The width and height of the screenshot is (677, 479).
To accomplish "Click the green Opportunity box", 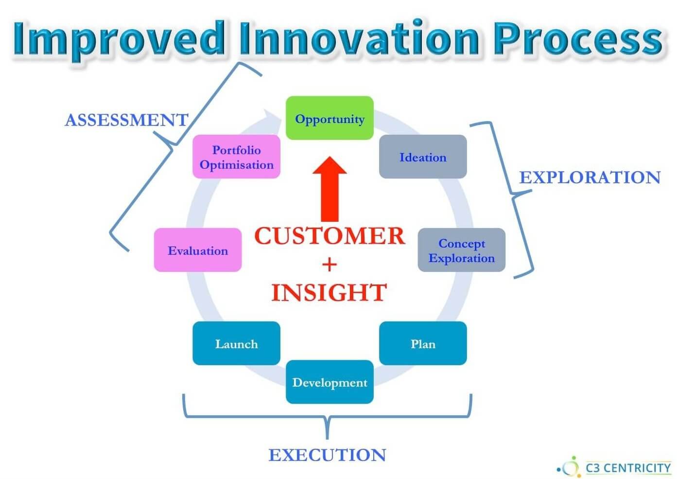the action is (x=330, y=118).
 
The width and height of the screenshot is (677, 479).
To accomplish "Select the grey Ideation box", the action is (x=423, y=157).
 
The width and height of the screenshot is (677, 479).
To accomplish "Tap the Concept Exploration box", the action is (x=462, y=250).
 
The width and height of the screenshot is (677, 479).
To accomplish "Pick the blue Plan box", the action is (x=423, y=343).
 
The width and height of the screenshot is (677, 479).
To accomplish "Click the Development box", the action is (x=330, y=382).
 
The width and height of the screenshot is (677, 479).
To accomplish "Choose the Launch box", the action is (x=236, y=343).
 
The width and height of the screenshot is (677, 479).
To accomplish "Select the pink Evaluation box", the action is (x=198, y=250).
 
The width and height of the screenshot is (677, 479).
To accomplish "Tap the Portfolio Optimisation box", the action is (x=236, y=157).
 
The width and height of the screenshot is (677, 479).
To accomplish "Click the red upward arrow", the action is (x=330, y=189).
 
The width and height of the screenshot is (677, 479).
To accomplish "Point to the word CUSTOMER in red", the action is (x=330, y=236).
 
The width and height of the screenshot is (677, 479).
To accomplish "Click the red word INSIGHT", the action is (x=329, y=292).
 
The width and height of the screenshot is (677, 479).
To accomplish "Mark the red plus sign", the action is (x=330, y=265).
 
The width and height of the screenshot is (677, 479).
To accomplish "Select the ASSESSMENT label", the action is (x=127, y=120).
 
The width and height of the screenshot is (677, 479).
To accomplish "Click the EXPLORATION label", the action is (x=590, y=177).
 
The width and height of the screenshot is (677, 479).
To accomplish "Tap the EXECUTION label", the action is (x=327, y=455).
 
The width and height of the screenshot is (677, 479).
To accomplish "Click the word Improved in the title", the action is (x=119, y=39).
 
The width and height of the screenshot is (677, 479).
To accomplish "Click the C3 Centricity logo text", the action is (x=628, y=468).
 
